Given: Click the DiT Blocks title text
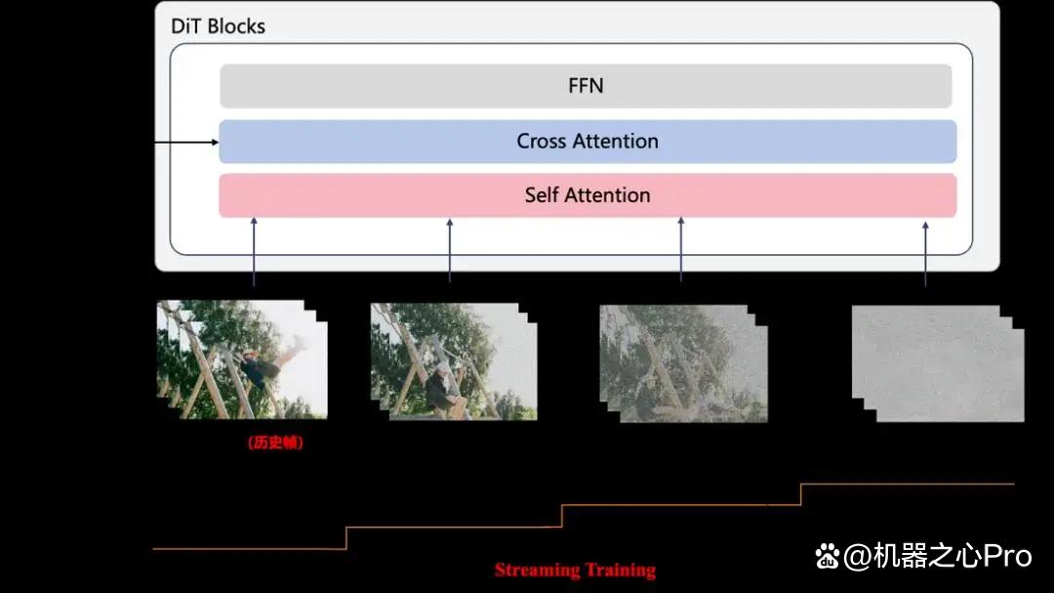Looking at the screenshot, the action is (x=218, y=26).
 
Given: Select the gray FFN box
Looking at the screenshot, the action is (x=586, y=86).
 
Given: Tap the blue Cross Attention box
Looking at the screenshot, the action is (x=588, y=142).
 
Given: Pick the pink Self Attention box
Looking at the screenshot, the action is (x=588, y=195).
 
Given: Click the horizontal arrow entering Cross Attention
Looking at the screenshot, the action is (x=186, y=142).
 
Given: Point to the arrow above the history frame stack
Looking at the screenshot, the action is (x=254, y=252).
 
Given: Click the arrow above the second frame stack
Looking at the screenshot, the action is (x=450, y=250).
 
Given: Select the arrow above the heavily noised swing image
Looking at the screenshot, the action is (x=681, y=249).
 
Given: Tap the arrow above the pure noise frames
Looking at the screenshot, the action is (x=925, y=254).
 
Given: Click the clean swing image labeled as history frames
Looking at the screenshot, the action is (x=242, y=360).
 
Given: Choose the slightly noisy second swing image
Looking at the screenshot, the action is (x=454, y=361).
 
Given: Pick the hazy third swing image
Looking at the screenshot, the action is (x=683, y=363).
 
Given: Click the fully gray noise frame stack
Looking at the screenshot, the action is (x=938, y=363).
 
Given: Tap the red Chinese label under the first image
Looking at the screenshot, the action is (x=275, y=443).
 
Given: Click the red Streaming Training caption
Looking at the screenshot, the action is (x=576, y=571).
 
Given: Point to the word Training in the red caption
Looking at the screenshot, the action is (x=619, y=571).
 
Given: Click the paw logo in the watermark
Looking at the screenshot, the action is (x=828, y=556).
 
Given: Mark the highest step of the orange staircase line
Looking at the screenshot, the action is (x=908, y=484).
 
